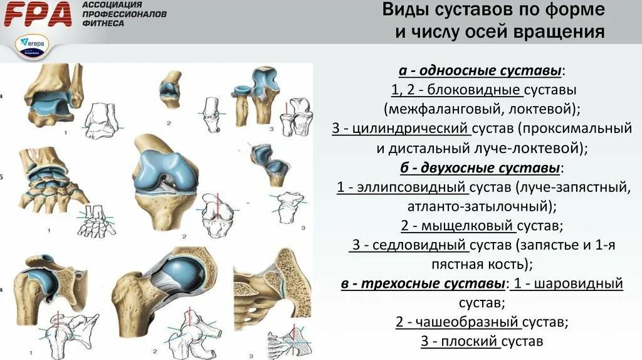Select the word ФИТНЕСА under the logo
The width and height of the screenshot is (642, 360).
(103, 24)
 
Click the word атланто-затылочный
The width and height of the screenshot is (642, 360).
(477, 206)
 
